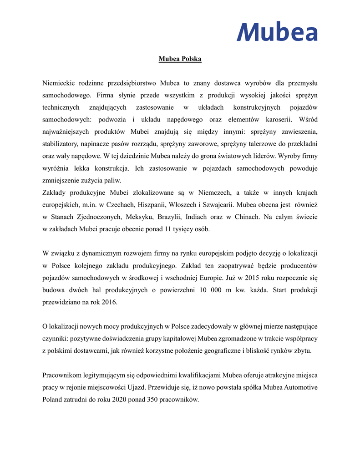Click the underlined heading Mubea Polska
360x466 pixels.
pos(180,59)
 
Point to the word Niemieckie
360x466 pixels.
pos(59,83)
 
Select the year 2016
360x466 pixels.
pos(110,302)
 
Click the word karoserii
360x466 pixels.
pos(277,119)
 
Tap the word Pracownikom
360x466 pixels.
pos(62,375)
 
